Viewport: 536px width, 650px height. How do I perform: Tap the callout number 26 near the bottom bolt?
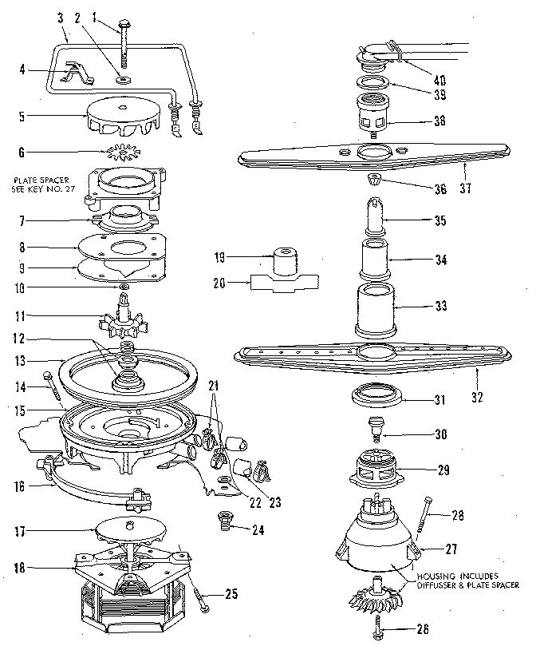point(422,628)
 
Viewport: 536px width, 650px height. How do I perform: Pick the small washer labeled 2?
point(123,80)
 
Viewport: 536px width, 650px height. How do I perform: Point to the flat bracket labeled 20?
point(284,283)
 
